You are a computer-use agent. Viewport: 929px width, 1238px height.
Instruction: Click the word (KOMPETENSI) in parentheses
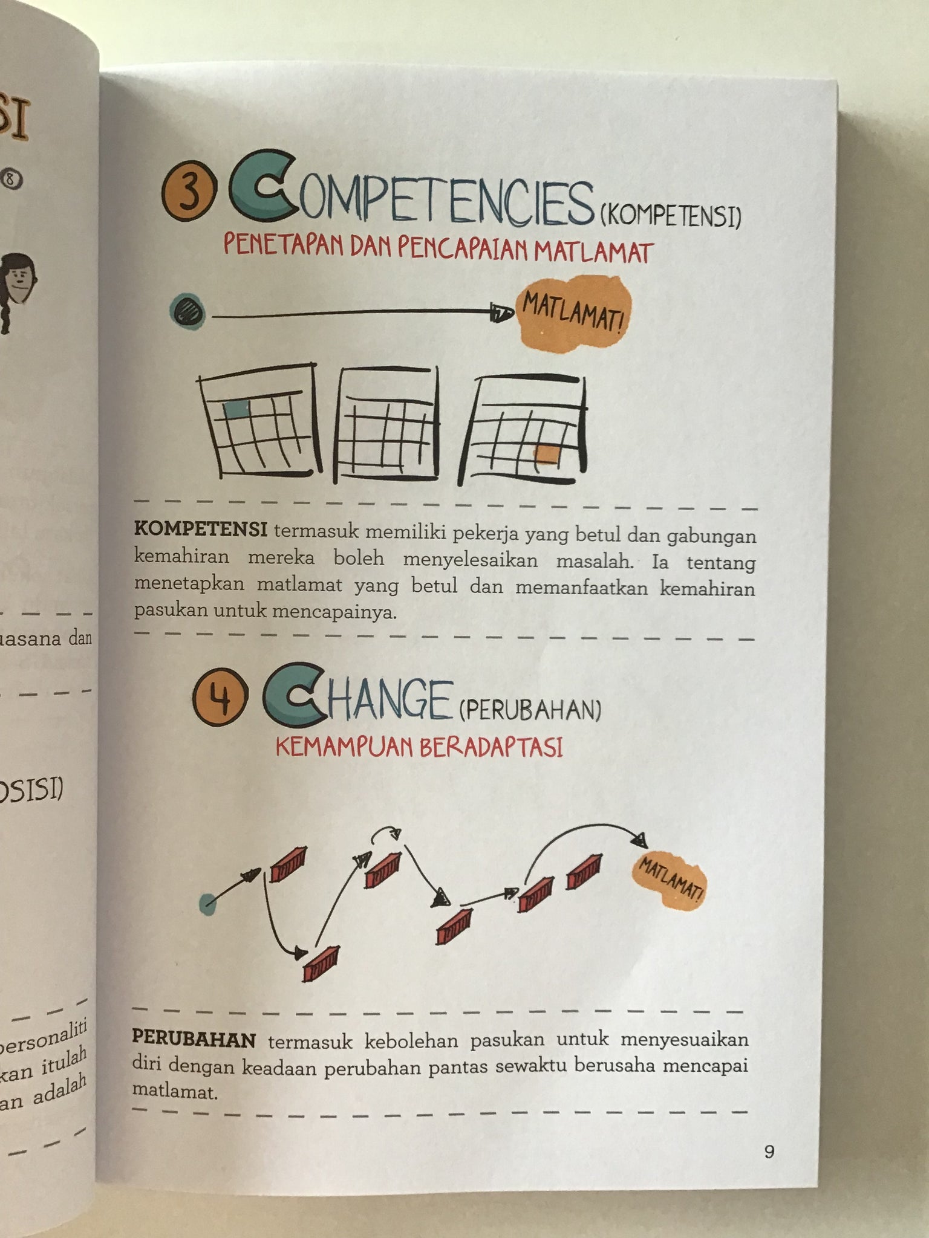tap(670, 216)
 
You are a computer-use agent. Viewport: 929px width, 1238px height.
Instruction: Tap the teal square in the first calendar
tap(236, 409)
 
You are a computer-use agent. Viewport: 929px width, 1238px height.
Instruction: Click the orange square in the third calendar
tap(548, 454)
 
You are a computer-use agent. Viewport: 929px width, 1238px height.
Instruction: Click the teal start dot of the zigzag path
tap(207, 904)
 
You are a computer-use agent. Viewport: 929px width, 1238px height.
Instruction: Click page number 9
tap(769, 1152)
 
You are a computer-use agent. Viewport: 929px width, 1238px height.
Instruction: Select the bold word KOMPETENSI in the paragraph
tap(201, 530)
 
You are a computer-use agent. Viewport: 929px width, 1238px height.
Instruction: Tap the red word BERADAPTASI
tap(491, 748)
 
